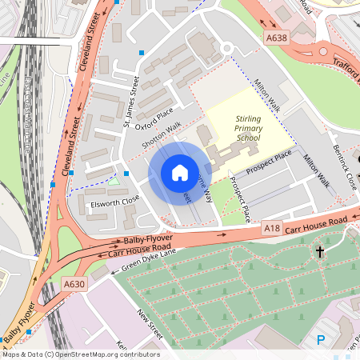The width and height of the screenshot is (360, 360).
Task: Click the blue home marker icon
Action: (x=180, y=172)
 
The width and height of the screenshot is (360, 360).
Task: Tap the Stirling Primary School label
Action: (x=248, y=129)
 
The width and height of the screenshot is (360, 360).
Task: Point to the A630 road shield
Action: (x=74, y=284)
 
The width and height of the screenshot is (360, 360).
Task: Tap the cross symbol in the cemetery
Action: (x=319, y=252)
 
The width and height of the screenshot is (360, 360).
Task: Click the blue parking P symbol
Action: (x=321, y=340)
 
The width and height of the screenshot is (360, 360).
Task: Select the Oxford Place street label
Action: (x=154, y=119)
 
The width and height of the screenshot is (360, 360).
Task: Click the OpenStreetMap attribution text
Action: (x=80, y=354)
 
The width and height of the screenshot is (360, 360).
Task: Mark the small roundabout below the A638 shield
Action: (x=226, y=49)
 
